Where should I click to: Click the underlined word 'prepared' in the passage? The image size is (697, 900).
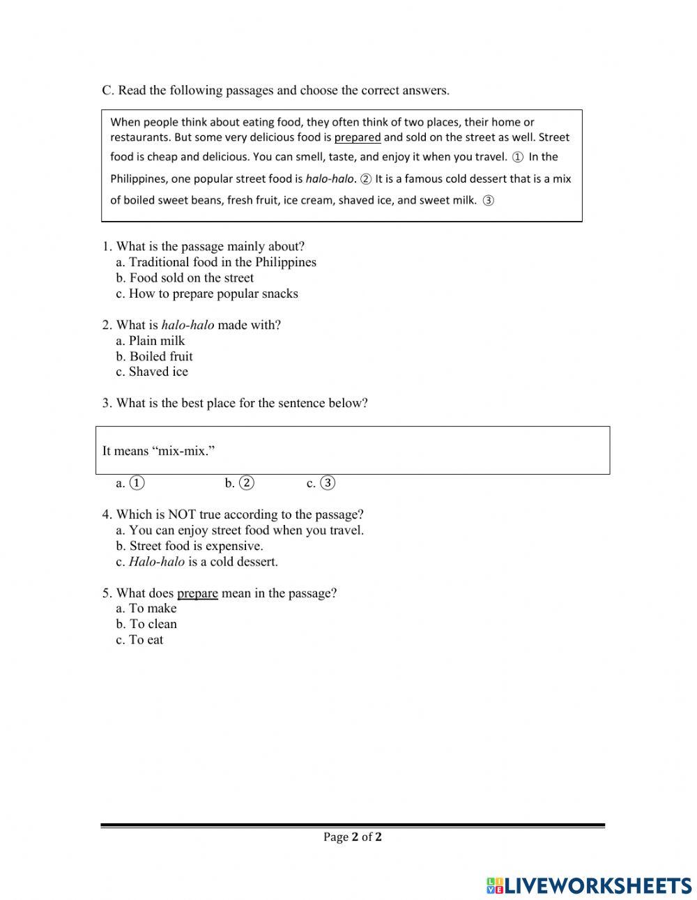coord(358,137)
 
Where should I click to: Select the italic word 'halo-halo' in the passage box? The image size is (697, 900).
coord(330,178)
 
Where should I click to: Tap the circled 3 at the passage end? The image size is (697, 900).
coord(488,201)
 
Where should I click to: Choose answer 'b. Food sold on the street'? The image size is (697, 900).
coord(185,277)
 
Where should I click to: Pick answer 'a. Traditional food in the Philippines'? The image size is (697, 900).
coord(216,262)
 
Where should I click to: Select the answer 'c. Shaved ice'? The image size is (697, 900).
coord(152,372)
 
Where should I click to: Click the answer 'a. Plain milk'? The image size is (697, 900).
coord(151,340)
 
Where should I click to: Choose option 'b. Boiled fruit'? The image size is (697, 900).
coord(154,356)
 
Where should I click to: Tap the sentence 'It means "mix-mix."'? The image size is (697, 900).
coord(159,451)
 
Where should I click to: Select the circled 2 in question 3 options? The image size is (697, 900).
coord(247,482)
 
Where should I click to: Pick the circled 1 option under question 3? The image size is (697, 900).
coord(137,482)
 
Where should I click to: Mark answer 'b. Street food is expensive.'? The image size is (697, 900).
coord(190,546)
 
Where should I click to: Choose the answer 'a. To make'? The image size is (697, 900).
coord(146,608)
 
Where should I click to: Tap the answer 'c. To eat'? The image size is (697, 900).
coord(139,639)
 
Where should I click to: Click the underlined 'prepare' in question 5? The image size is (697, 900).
coord(197,593)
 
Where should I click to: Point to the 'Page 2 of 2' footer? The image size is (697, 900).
coord(352,837)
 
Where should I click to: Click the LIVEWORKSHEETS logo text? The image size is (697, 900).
coord(597,885)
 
